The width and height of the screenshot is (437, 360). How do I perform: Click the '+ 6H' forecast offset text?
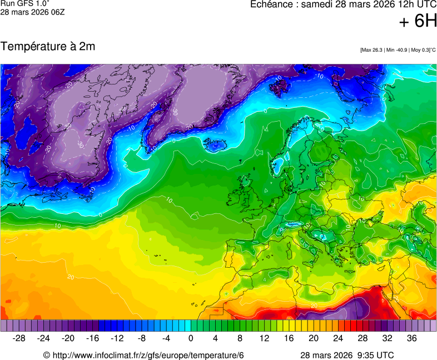click(x=418, y=21)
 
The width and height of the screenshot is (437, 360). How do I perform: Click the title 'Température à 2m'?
click(x=48, y=47)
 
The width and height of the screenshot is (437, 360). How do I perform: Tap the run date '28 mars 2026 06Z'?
click(x=32, y=12)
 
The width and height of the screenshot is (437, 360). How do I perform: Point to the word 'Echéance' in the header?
click(x=270, y=4)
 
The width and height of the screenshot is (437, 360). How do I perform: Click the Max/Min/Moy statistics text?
click(x=398, y=50)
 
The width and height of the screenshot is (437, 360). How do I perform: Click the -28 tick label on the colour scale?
click(x=19, y=338)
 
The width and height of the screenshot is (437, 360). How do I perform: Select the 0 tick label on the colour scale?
click(x=191, y=338)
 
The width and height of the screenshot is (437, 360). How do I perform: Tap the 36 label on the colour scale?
click(x=411, y=338)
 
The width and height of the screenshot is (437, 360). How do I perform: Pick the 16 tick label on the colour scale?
click(x=289, y=338)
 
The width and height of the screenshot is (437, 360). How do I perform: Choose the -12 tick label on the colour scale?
click(x=117, y=338)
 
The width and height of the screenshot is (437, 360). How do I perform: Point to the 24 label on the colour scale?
click(x=338, y=338)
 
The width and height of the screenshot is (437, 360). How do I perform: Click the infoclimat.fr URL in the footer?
click(x=143, y=355)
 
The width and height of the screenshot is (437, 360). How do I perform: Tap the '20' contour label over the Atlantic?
click(x=71, y=276)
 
